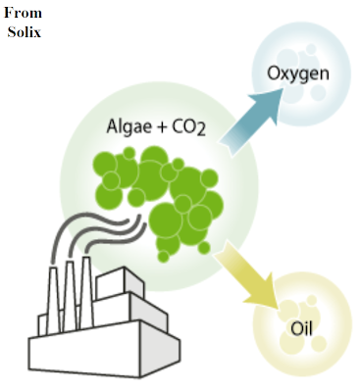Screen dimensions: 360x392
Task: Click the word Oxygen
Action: pos(297,73)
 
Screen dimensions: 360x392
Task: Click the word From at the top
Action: pos(22,11)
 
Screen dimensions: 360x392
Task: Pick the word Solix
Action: pos(23,29)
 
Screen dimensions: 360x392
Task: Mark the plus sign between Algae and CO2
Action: pos(159,127)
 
